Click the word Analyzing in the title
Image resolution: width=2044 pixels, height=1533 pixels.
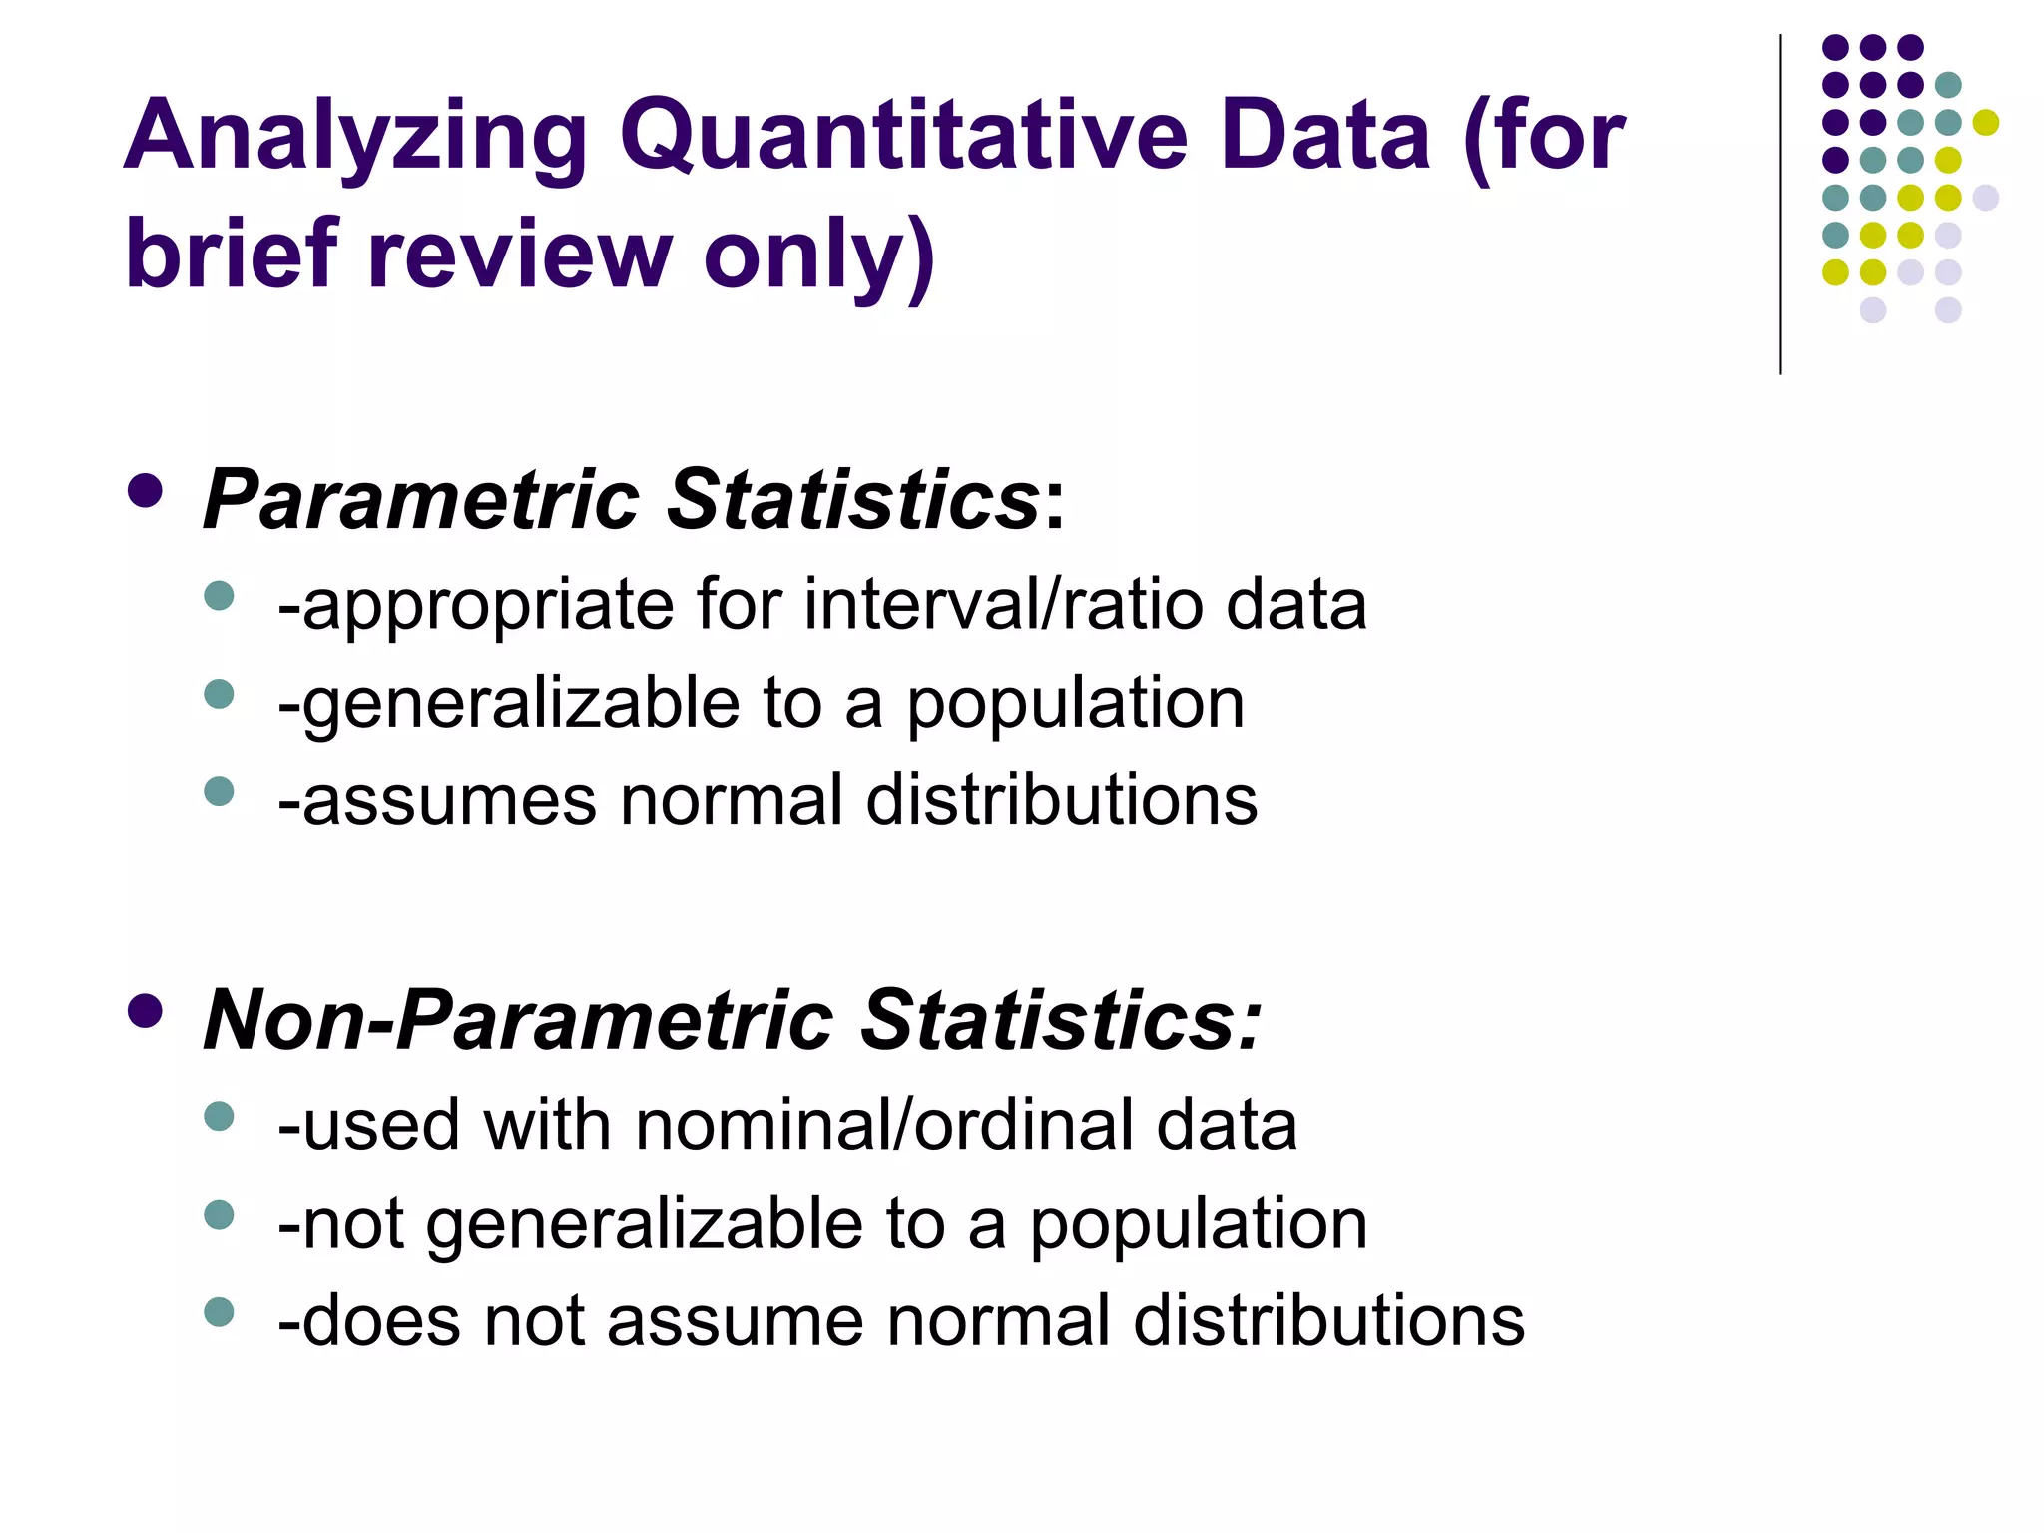[355, 137]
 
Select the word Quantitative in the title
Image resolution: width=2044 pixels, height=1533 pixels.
[903, 137]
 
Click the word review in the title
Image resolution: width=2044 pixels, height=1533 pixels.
[520, 255]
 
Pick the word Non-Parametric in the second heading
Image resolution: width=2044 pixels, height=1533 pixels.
[518, 1020]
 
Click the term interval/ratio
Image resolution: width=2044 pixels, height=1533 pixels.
[1003, 604]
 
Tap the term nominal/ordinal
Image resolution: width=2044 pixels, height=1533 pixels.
[884, 1125]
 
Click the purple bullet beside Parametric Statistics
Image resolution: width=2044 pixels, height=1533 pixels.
[146, 490]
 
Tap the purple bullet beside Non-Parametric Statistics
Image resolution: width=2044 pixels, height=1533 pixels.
[146, 1011]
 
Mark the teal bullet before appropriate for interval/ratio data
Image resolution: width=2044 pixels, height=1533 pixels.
[219, 596]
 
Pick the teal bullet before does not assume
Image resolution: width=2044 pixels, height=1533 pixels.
[219, 1311]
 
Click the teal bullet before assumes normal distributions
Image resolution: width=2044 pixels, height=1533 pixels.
[219, 791]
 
